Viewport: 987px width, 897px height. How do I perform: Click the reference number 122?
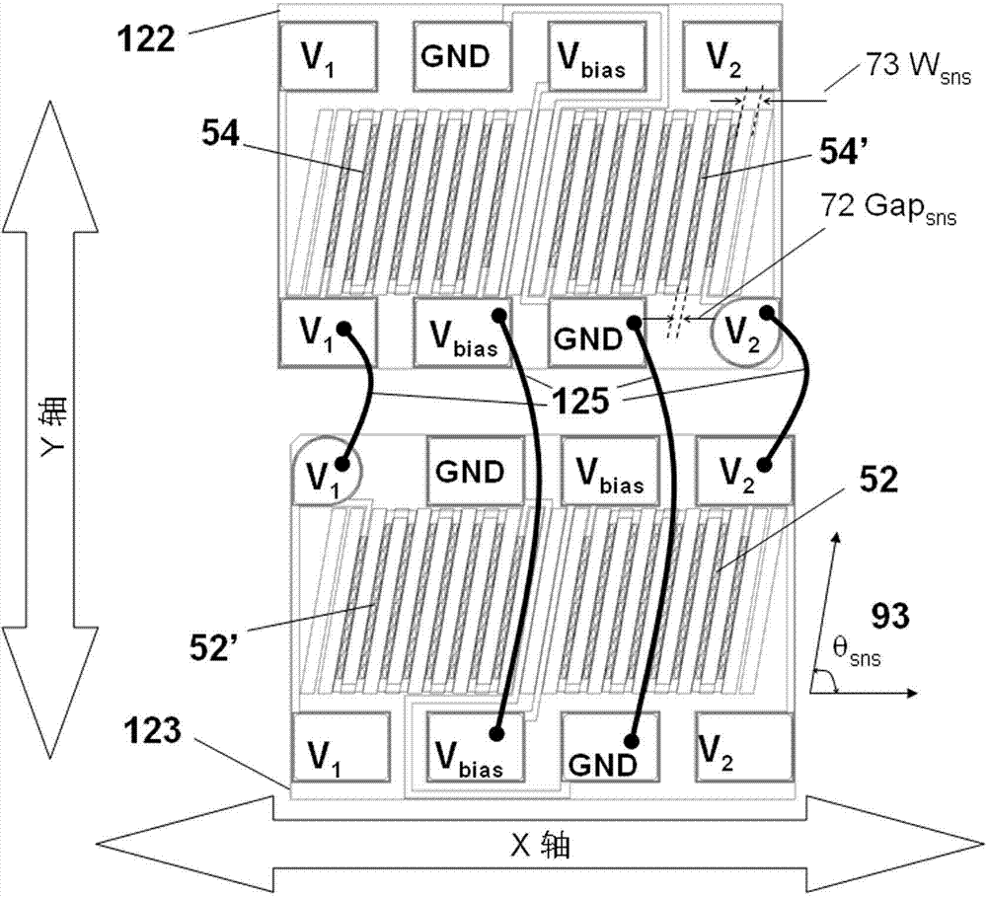coord(146,39)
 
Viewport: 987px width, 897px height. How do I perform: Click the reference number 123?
coord(152,731)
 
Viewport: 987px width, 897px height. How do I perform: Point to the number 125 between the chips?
coord(580,401)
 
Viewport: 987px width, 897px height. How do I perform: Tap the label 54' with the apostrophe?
coord(844,151)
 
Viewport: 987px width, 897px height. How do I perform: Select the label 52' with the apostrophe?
coord(212,647)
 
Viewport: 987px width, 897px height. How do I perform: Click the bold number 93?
coord(890,616)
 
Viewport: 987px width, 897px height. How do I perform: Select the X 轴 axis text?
coord(540,846)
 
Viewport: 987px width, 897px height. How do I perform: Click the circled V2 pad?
coord(744,332)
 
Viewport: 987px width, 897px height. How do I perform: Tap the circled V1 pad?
coord(328,471)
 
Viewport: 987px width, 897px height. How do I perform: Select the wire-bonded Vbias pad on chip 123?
coord(476,747)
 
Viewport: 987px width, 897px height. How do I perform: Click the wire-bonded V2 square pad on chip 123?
coord(744,471)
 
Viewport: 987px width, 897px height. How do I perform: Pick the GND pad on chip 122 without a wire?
coord(462,56)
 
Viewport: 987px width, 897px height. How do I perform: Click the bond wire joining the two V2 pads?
coord(794,388)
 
